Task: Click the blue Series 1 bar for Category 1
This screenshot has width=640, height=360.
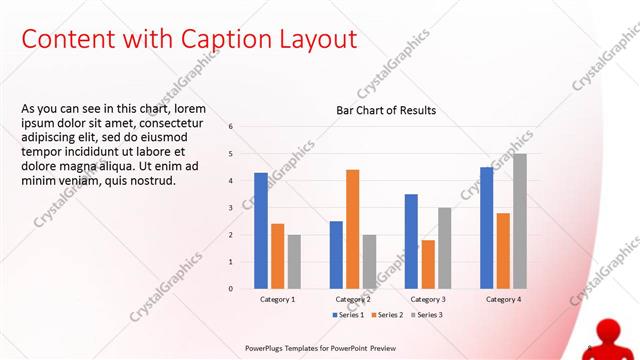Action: click(x=261, y=231)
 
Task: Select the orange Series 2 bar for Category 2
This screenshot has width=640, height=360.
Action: click(x=352, y=229)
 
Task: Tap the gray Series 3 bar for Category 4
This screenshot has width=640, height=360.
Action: click(x=519, y=221)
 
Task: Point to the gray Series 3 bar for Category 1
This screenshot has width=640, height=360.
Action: click(x=294, y=261)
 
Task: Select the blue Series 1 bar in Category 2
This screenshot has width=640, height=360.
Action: click(x=336, y=255)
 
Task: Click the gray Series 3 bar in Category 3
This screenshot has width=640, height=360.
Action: click(x=444, y=248)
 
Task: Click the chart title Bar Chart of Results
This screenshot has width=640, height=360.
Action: click(x=385, y=110)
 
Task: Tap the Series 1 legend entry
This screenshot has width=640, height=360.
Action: click(x=349, y=315)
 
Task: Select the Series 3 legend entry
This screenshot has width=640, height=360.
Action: click(x=427, y=315)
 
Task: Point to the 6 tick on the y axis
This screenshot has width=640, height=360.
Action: click(x=231, y=127)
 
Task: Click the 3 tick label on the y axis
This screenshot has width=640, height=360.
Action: click(x=231, y=208)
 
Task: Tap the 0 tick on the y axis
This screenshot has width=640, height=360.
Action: click(x=231, y=289)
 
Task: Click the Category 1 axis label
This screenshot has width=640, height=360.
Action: click(x=277, y=299)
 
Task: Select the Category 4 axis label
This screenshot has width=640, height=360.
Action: click(x=502, y=299)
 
